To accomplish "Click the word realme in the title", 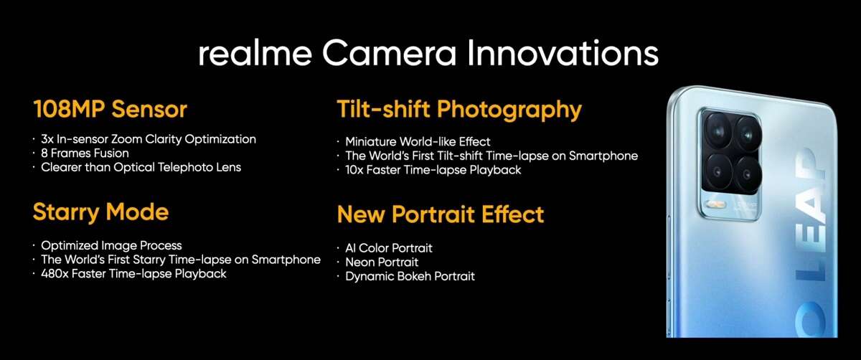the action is coord(255,53).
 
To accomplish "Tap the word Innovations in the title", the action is coord(563,53).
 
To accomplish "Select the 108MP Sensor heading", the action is coord(110,109).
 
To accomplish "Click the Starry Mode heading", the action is coord(100,212).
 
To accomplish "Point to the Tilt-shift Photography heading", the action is coord(459,110).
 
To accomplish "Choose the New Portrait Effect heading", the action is coord(441,214).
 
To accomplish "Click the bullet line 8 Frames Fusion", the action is coord(85,153).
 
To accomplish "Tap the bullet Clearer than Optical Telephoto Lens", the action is coord(141,168).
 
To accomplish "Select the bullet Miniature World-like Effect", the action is coord(418,142).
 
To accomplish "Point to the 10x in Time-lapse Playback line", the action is coord(354,170).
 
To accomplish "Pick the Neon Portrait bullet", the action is coord(382,262).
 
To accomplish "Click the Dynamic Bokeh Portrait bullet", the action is coord(410,277).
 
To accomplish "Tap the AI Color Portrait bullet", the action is coord(389,248).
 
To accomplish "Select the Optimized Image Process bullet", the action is coord(111,246).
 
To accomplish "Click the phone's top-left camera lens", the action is coord(718,131).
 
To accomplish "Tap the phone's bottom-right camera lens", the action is coord(747,174).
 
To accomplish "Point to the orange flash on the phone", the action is coord(717,204).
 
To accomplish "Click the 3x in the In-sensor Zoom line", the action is coord(47,139).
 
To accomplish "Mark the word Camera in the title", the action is coord(390,53).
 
